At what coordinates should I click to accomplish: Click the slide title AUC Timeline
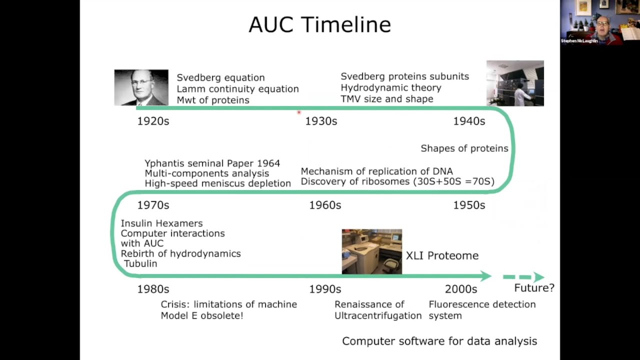point(319,24)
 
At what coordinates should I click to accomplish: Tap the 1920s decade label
point(153,121)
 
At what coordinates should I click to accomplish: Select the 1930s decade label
point(321,121)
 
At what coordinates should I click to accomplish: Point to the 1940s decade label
point(469,121)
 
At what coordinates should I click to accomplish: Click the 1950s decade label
point(469,205)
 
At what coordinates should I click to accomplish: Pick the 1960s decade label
point(325,205)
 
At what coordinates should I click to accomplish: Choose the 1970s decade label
point(153,205)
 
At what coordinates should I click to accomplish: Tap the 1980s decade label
point(153,289)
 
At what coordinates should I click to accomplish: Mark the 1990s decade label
point(325,289)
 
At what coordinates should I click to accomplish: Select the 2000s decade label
point(461,289)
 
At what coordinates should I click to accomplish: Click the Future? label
point(534,288)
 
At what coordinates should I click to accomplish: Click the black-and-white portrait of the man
point(141,87)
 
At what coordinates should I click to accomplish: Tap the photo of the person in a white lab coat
point(515,83)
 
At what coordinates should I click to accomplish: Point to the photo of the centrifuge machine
point(371,251)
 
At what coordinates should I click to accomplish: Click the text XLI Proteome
point(442,255)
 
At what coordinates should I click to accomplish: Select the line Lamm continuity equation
point(237,89)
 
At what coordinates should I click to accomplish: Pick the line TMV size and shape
point(386,99)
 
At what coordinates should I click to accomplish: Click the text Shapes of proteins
point(464,148)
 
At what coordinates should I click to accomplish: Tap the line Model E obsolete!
point(201,315)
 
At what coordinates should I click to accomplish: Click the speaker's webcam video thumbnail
point(599,22)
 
